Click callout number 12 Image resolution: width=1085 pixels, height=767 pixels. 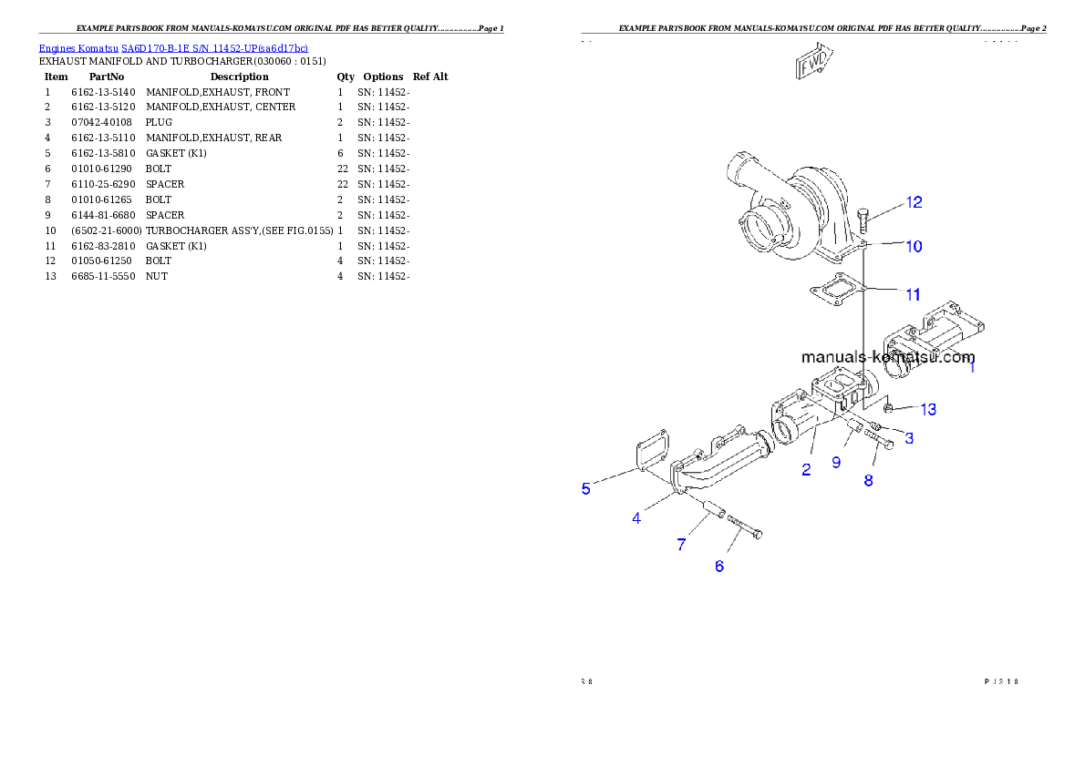tap(914, 202)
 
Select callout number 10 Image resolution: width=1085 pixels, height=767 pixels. tap(914, 246)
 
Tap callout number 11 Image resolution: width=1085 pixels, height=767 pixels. tap(913, 294)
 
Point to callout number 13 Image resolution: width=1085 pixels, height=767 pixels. tap(928, 410)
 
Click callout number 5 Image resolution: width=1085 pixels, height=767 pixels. tap(586, 489)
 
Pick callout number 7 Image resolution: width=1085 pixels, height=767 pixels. tap(681, 545)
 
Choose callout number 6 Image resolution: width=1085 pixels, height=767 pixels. tap(719, 567)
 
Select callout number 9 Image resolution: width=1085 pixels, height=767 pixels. tap(836, 462)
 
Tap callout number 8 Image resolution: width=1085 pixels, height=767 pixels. tap(868, 480)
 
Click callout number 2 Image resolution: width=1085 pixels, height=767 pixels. tap(806, 470)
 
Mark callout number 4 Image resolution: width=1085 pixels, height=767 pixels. tap(636, 518)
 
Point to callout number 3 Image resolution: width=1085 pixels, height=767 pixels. tap(909, 438)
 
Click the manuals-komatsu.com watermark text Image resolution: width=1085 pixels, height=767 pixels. tap(888, 357)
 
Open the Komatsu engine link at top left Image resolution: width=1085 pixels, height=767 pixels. tap(173, 47)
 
